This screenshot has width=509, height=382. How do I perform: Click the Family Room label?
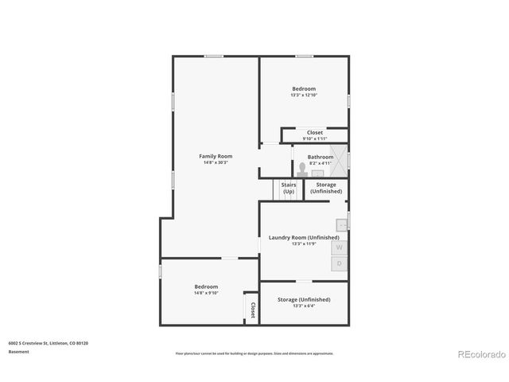click(x=215, y=156)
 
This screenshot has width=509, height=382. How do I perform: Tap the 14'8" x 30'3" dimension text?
click(x=215, y=162)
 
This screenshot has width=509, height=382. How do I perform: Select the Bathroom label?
click(x=321, y=157)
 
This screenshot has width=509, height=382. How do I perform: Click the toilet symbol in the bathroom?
click(x=302, y=169)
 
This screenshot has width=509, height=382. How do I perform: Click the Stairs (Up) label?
click(x=288, y=188)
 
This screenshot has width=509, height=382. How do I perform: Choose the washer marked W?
click(x=340, y=248)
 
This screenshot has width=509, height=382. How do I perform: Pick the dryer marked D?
click(x=340, y=263)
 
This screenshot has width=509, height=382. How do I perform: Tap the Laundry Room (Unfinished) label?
click(x=304, y=237)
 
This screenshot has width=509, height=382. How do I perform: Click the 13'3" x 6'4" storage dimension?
click(x=304, y=306)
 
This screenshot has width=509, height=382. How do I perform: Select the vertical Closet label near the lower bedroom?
click(x=253, y=310)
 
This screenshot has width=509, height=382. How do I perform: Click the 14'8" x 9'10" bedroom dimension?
click(x=206, y=293)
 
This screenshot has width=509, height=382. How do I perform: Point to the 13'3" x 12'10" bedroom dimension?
click(x=304, y=95)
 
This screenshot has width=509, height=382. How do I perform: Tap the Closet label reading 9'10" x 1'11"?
click(x=315, y=138)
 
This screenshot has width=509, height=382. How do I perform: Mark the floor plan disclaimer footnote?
click(x=254, y=353)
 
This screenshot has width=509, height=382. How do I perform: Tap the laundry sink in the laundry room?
click(x=341, y=225)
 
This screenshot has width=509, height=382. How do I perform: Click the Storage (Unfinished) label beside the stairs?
click(x=326, y=188)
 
